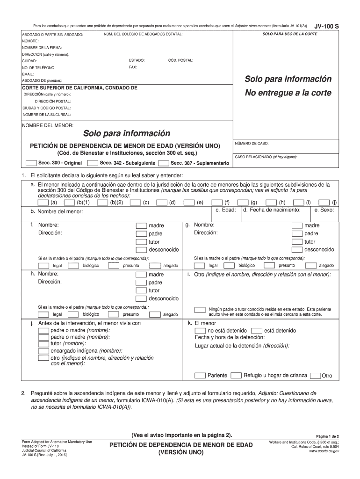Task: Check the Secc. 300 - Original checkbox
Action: pos(31,163)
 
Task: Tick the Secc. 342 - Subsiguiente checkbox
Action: pos(93,163)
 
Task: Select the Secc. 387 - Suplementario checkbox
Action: pos(164,163)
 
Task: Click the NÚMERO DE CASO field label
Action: pos(252,143)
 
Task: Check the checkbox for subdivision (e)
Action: pos(190,203)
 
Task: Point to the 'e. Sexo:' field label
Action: pos(324,210)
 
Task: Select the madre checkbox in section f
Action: pos(141,225)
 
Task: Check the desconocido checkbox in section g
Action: pos(297,249)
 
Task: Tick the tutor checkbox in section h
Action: pos(141,290)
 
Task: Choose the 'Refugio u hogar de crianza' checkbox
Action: pos(236,375)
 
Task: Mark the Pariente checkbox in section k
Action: pos(200,375)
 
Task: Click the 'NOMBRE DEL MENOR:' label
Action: pos(48,125)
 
